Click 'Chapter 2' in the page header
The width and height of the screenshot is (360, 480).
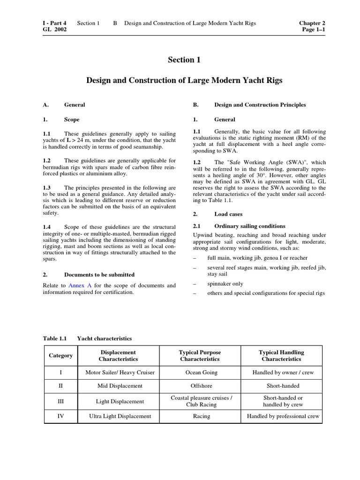pyautogui.click(x=312, y=23)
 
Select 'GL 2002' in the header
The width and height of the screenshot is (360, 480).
pyautogui.click(x=54, y=30)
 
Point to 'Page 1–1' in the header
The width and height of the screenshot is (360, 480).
pyautogui.click(x=314, y=30)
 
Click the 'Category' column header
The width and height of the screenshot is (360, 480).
pyautogui.click(x=61, y=355)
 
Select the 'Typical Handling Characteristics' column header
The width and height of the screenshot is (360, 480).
pyautogui.click(x=281, y=355)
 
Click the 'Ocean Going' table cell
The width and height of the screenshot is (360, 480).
pyautogui.click(x=200, y=373)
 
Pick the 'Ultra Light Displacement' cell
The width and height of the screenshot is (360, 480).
pyautogui.click(x=120, y=416)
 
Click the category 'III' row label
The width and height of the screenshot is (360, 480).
pyautogui.click(x=61, y=401)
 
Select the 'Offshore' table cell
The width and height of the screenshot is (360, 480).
pyautogui.click(x=201, y=386)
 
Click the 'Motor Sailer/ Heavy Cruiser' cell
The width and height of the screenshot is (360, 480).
pyautogui.click(x=120, y=373)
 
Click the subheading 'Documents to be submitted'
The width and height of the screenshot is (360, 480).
pyautogui.click(x=99, y=275)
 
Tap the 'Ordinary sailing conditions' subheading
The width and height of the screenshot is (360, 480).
pyautogui.click(x=249, y=226)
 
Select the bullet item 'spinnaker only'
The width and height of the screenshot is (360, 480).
pyautogui.click(x=225, y=284)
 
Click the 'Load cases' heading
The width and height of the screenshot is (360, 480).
pyautogui.click(x=228, y=214)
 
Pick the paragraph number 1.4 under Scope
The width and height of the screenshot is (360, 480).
pyautogui.click(x=46, y=227)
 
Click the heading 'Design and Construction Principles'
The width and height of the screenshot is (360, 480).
pyautogui.click(x=260, y=105)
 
